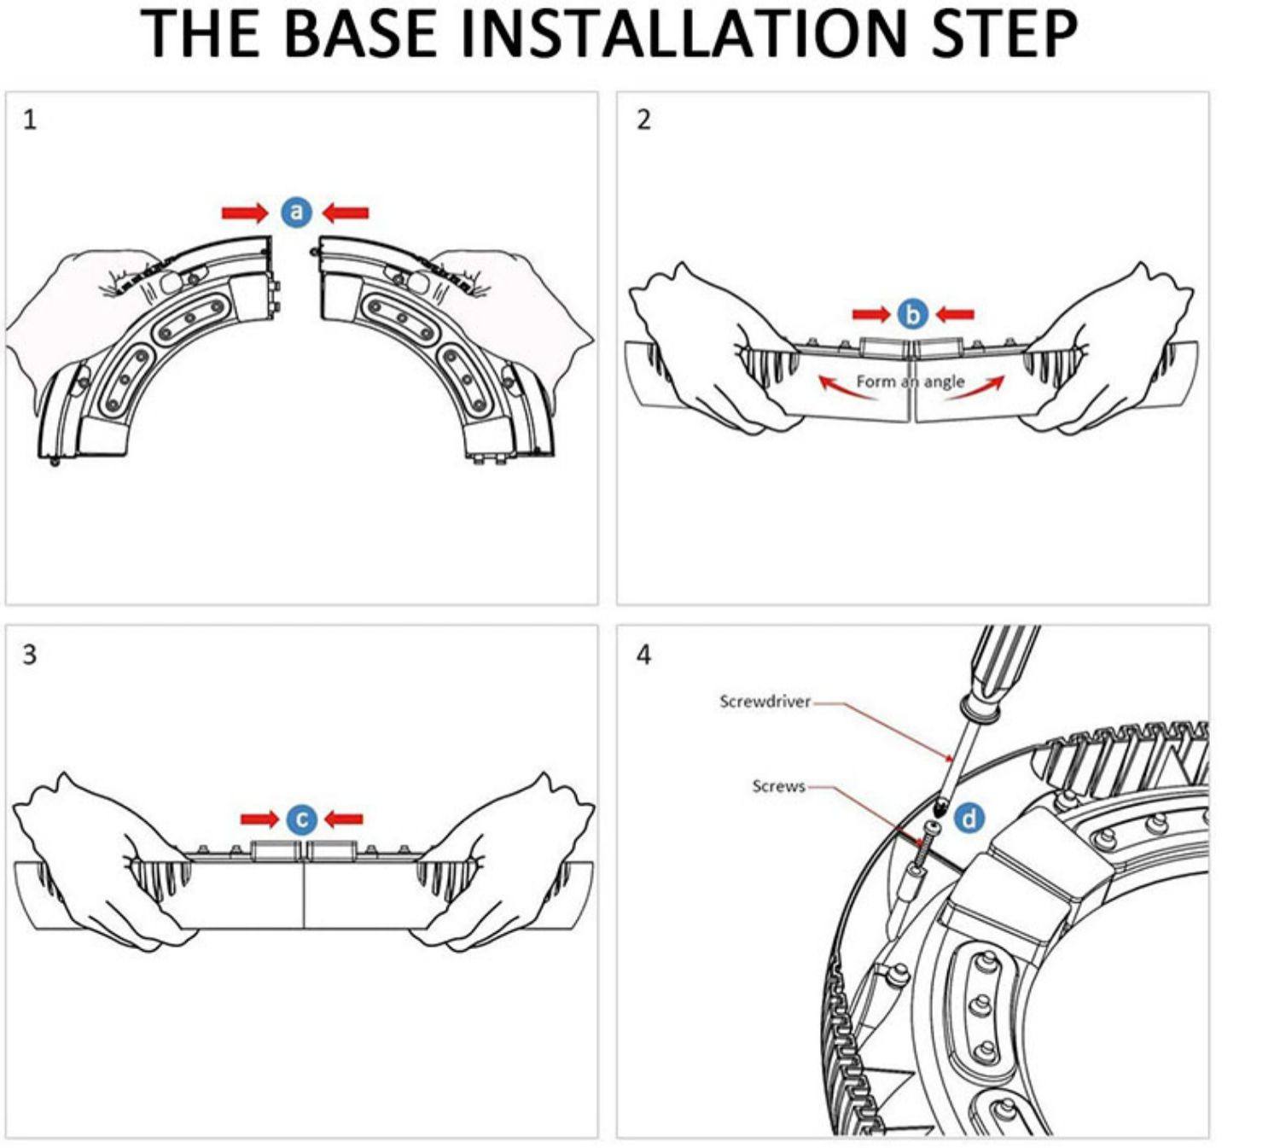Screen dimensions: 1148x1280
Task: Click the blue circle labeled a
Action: [x=296, y=212]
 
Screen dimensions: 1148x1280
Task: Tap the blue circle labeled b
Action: [x=912, y=314]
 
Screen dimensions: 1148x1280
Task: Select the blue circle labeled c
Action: [x=301, y=819]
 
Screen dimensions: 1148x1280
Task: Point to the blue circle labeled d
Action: [x=969, y=819]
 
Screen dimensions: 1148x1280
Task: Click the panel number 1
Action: [x=30, y=119]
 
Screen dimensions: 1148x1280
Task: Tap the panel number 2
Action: [x=643, y=119]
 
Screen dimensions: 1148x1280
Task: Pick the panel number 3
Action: [x=30, y=655]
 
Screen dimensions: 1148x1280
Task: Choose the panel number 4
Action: [x=643, y=655]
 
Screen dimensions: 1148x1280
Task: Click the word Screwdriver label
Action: [x=765, y=702]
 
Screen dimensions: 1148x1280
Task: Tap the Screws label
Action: [x=778, y=786]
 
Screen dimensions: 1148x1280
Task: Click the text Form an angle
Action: [x=910, y=382]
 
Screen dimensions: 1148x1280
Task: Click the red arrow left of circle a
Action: [x=244, y=213]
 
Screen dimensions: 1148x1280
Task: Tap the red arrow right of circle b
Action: [x=955, y=315]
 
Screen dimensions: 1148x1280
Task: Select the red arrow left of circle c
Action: [x=259, y=819]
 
